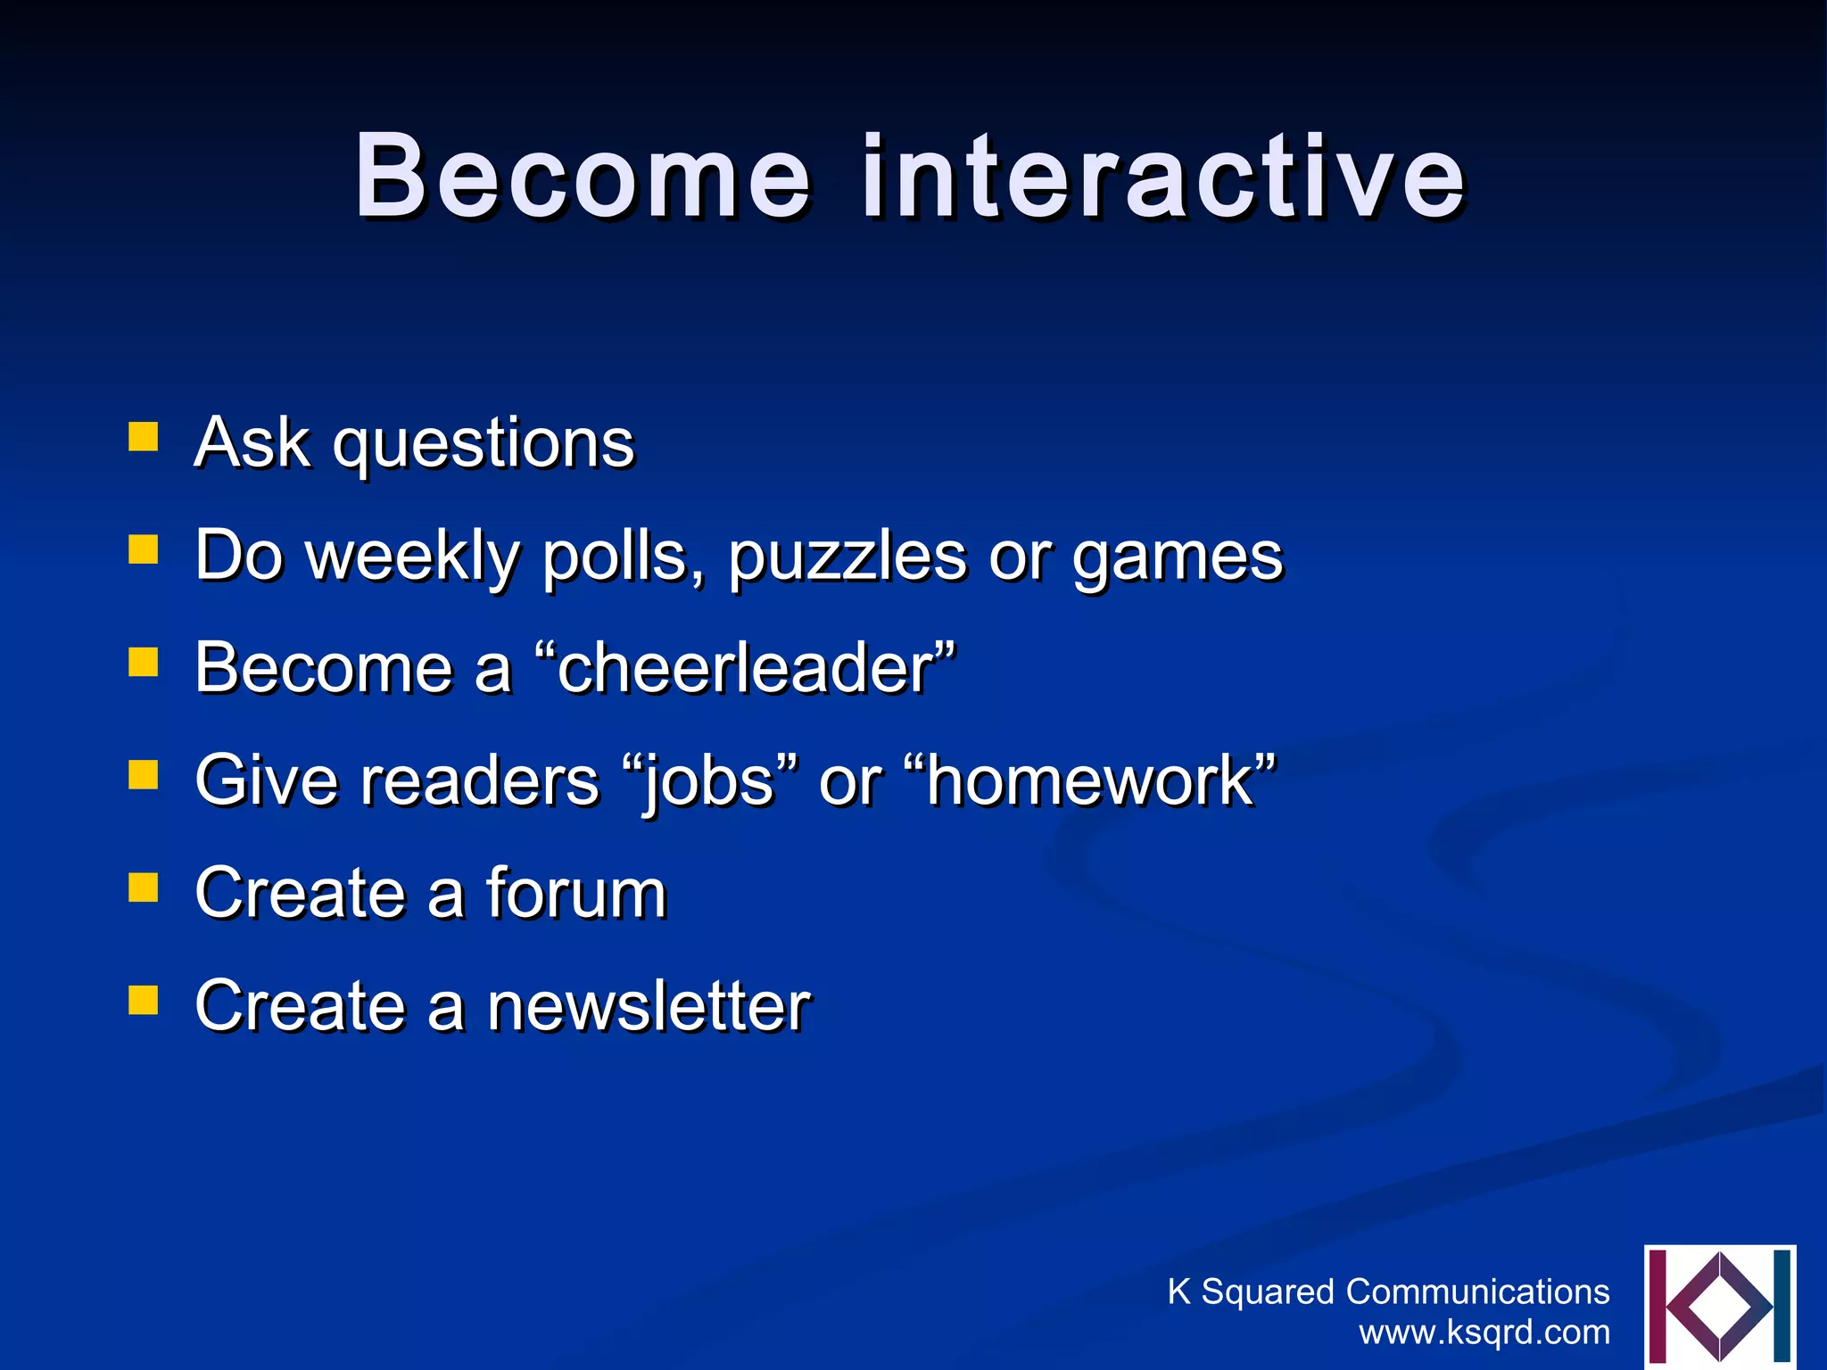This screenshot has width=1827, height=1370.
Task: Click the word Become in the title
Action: pyautogui.click(x=582, y=176)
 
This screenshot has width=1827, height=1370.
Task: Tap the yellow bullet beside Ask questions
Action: pyautogui.click(x=143, y=438)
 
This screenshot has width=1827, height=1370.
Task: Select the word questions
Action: pyautogui.click(x=483, y=445)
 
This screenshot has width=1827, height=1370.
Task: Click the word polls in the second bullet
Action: pyautogui.click(x=623, y=556)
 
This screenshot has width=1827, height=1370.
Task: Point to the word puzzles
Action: pyautogui.click(x=847, y=557)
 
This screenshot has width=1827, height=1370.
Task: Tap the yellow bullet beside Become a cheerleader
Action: pyautogui.click(x=143, y=663)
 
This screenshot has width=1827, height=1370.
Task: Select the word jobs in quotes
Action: pyautogui.click(x=709, y=781)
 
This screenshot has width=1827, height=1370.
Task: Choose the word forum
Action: pyautogui.click(x=575, y=893)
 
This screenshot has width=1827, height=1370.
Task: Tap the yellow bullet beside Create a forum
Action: pyautogui.click(x=143, y=887)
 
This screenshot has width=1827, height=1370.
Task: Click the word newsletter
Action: pyautogui.click(x=648, y=1006)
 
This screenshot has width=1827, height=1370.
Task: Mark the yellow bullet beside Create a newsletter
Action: pyautogui.click(x=143, y=1000)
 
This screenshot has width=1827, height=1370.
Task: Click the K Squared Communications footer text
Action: pyautogui.click(x=1388, y=1292)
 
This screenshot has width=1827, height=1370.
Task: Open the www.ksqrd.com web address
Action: pyautogui.click(x=1484, y=1333)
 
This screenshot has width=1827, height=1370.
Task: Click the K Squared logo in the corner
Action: pyautogui.click(x=1719, y=1306)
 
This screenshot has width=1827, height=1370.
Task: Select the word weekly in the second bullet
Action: pyautogui.click(x=412, y=557)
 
